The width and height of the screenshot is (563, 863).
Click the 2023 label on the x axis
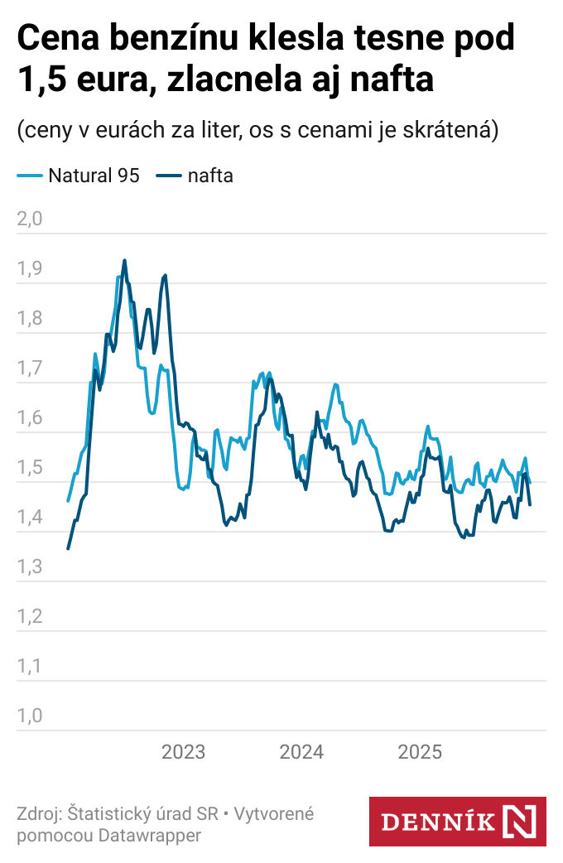point(183,752)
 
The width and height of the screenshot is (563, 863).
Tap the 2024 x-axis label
point(301,752)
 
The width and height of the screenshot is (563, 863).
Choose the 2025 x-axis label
point(421,752)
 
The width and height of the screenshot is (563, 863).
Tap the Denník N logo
point(457,822)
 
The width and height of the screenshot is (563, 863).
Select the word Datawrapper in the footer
point(150,835)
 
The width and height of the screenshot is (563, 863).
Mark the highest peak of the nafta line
point(124,260)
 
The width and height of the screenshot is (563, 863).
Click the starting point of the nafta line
point(68,548)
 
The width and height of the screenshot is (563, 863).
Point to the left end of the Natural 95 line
point(68,501)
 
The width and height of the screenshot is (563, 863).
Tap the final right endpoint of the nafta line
point(530,504)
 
